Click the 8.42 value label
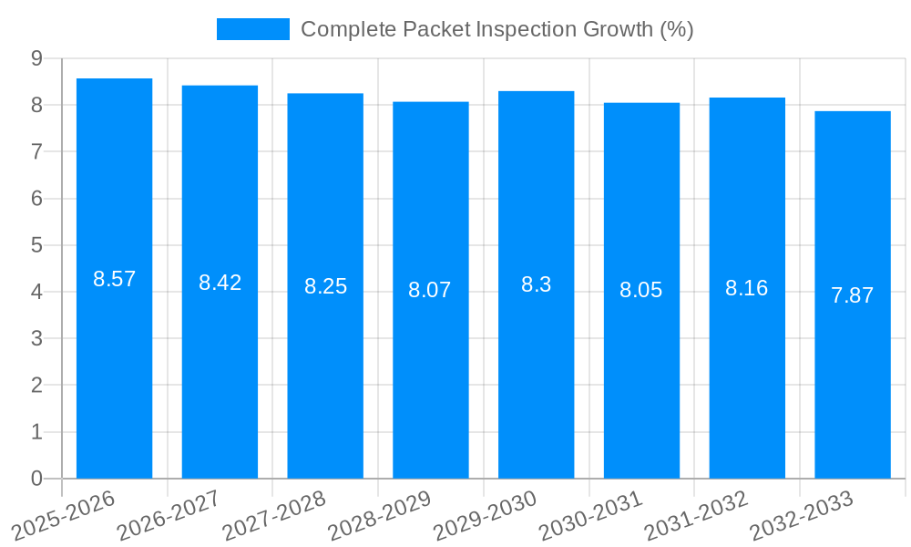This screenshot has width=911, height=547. pos(220,283)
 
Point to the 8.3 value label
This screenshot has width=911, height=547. pos(536,284)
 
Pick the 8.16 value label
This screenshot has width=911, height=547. pos(747,288)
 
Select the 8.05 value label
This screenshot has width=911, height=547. pos(641,290)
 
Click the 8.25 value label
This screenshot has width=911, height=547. pos(325,286)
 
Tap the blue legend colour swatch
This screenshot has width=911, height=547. pos(252,29)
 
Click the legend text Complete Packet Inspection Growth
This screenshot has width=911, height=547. pos(496,29)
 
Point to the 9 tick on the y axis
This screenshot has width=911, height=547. pos(36,58)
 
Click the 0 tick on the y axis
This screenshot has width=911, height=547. pos(36,479)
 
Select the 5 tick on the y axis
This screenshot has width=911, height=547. pos(36,245)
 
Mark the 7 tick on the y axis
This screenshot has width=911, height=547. pos(36,151)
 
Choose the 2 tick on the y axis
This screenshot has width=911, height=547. pos(36,386)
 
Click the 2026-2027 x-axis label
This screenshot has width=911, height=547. pos(168,514)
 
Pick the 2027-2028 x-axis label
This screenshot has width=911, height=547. pos(273,514)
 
